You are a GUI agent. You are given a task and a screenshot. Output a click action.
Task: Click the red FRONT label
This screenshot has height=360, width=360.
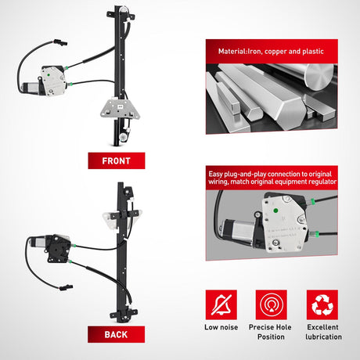point(117,160)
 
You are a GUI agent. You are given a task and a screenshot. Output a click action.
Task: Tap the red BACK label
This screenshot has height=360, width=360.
point(116,334)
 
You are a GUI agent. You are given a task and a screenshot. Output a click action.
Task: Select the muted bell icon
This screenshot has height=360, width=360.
point(221,304)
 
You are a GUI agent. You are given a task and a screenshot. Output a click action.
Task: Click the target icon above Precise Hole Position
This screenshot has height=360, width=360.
point(272,304)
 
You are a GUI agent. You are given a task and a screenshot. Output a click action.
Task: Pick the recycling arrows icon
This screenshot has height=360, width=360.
point(322,304)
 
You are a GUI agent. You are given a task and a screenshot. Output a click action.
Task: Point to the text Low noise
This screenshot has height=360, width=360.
point(221,327)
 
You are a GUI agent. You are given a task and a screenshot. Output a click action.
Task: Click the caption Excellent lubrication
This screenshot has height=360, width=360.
point(323,332)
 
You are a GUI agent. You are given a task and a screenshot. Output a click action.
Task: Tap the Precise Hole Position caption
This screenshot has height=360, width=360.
point(271,332)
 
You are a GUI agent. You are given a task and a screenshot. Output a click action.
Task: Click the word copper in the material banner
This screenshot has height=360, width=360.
point(275,52)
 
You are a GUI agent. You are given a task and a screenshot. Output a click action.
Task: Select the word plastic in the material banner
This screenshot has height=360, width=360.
point(313,52)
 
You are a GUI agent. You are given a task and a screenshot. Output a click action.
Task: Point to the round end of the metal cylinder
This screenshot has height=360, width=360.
point(319,77)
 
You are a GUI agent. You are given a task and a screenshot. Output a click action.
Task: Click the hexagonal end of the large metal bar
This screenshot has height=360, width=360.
point(290,113)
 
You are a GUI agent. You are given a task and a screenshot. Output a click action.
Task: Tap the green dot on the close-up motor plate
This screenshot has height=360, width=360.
point(275,211)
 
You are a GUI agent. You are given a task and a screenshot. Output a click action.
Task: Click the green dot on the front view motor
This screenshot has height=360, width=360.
point(49,75)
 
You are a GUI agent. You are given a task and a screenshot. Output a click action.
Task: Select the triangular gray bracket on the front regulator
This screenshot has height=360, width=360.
point(120,109)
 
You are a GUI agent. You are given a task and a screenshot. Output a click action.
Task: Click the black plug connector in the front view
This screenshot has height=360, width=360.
point(60,42)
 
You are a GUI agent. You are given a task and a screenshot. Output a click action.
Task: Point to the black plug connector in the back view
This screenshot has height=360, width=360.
point(66,288)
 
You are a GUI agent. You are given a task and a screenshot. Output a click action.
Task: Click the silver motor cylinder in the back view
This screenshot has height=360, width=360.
point(38,242)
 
